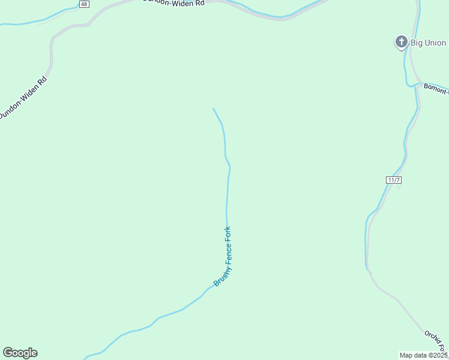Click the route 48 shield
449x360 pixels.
click(83, 4)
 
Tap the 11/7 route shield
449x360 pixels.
click(394, 179)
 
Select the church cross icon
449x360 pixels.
click(401, 42)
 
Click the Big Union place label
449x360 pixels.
click(428, 43)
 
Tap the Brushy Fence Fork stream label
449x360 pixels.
click(223, 256)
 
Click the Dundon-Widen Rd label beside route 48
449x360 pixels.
click(174, 2)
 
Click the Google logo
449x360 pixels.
click(20, 353)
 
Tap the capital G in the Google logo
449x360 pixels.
click(8, 353)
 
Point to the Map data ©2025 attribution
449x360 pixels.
click(424, 355)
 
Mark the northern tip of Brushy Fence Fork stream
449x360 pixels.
click(213, 109)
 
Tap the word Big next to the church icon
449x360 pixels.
click(417, 43)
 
